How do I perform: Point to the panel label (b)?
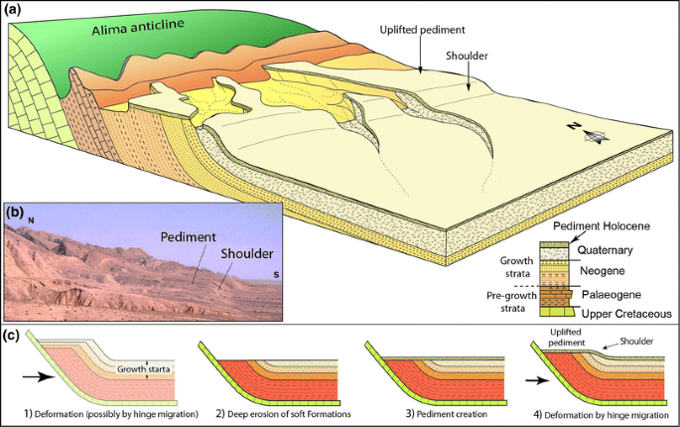click(17, 213)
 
